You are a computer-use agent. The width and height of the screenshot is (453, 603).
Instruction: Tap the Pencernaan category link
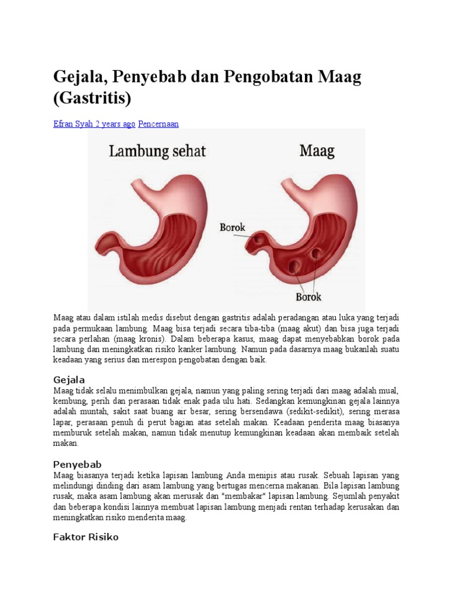point(158,124)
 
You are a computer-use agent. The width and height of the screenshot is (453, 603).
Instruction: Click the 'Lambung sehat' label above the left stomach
point(157,152)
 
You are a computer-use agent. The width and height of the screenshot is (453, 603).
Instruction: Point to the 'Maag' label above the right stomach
point(317,151)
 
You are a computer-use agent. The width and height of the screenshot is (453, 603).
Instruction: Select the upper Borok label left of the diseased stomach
point(232,227)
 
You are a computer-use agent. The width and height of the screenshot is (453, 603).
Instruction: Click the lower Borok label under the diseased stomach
point(308,297)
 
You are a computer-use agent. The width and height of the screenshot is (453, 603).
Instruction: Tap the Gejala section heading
point(69,380)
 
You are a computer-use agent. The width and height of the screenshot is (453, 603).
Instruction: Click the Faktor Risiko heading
point(86,537)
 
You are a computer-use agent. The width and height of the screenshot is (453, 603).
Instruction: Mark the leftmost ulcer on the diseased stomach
point(257,241)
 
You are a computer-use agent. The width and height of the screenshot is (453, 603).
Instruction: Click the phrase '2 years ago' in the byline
point(116,124)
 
